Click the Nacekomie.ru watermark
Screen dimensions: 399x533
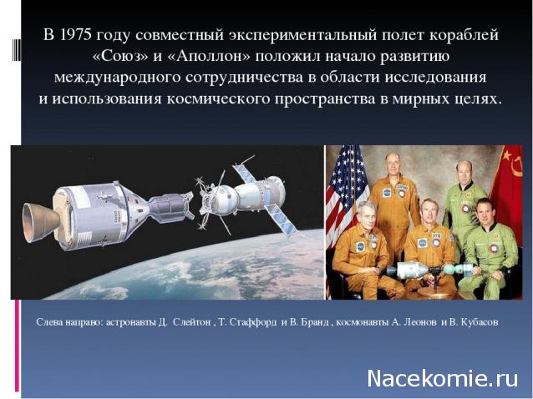pos(443,377)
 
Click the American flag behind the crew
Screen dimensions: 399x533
pos(344,188)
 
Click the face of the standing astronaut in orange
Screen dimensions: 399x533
pos(392,164)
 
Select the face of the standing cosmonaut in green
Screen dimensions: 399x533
pos(464,172)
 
